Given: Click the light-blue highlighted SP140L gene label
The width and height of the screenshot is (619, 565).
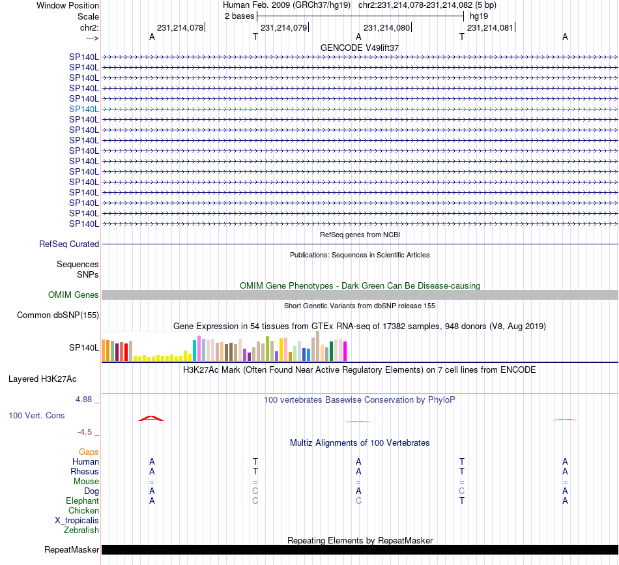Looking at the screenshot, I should click(84, 109).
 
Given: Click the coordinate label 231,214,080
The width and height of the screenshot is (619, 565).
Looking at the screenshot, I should click(386, 27).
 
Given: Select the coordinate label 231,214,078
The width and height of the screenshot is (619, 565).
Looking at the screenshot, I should click(180, 27).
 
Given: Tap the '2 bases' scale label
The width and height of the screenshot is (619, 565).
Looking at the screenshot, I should click(239, 16).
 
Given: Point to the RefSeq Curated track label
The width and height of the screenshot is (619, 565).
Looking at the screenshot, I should click(69, 244).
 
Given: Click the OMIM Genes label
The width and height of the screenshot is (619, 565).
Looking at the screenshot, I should click(74, 295).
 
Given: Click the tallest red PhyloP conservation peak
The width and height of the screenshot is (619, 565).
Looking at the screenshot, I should click(151, 417).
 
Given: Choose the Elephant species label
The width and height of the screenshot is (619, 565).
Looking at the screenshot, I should click(82, 500).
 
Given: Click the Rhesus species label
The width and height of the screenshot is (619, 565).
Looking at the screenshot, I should click(85, 471).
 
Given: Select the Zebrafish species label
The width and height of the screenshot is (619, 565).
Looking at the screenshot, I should click(81, 530).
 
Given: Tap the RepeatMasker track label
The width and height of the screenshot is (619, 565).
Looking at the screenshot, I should click(72, 549).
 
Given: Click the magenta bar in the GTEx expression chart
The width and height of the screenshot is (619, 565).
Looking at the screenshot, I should click(345, 351).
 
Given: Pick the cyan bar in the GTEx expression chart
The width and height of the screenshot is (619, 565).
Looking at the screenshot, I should click(195, 350).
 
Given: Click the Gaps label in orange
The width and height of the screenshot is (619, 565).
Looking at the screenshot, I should click(89, 452).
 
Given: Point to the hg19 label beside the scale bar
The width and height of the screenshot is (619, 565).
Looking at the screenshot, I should click(479, 16).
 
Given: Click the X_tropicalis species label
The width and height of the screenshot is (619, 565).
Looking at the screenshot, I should click(77, 520).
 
